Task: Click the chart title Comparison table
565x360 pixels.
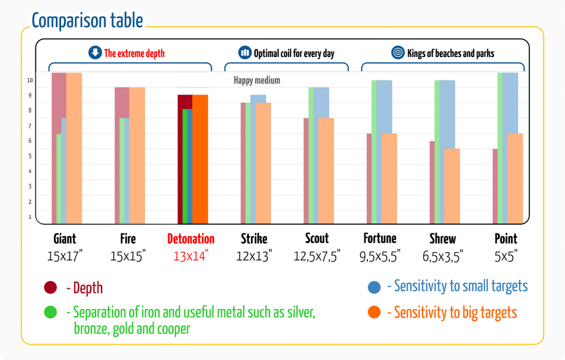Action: pyautogui.click(x=88, y=20)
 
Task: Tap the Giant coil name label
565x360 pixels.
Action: pyautogui.click(x=65, y=238)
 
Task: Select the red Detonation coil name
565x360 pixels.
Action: pyautogui.click(x=191, y=238)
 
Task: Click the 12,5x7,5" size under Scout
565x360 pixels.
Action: pyautogui.click(x=317, y=256)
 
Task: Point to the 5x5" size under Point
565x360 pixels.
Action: pyautogui.click(x=506, y=256)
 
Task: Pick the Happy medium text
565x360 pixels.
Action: pyautogui.click(x=257, y=80)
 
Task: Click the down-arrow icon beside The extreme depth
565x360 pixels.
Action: pyautogui.click(x=95, y=53)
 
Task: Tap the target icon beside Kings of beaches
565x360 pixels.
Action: pyautogui.click(x=398, y=53)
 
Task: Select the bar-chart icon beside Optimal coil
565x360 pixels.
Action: pyautogui.click(x=245, y=53)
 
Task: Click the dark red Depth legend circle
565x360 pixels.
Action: pyautogui.click(x=50, y=288)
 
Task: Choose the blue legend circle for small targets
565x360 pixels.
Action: pyautogui.click(x=374, y=287)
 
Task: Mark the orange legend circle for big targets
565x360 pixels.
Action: pyautogui.click(x=374, y=312)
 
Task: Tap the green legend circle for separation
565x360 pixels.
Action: pyautogui.click(x=50, y=312)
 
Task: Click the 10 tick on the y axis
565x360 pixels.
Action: pyautogui.click(x=30, y=80)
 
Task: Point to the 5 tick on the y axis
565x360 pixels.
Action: pyautogui.click(x=30, y=156)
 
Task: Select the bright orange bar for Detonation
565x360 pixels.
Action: pyautogui.click(x=200, y=158)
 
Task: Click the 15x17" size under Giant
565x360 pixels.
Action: pyautogui.click(x=65, y=256)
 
